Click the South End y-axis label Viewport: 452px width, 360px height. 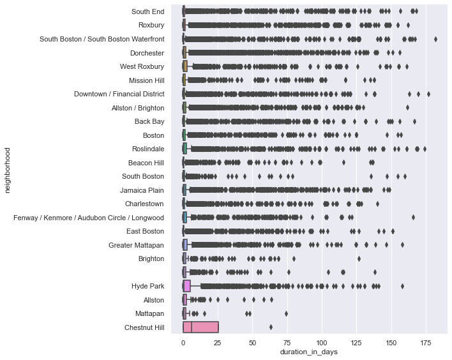click(x=148, y=11)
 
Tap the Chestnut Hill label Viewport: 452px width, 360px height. click(x=146, y=327)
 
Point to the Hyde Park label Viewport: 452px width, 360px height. click(x=148, y=286)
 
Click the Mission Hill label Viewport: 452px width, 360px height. click(x=146, y=80)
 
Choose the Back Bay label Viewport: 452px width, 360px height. click(x=149, y=121)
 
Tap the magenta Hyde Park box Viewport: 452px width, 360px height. click(x=186, y=286)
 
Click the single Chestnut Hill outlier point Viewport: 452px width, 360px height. click(x=271, y=327)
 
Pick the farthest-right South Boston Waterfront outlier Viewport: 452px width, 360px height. click(x=435, y=39)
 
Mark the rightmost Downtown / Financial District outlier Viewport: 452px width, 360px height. click(x=428, y=94)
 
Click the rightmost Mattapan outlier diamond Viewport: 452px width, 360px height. click(x=286, y=313)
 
